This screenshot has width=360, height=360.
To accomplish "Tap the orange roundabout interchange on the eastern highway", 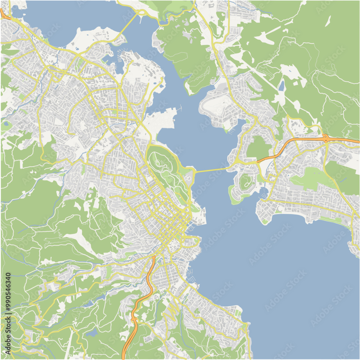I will click(x=326, y=137).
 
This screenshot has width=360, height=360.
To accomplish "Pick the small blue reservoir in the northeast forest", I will click(x=281, y=86).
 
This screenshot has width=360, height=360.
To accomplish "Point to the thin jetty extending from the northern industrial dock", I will click(x=179, y=108).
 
